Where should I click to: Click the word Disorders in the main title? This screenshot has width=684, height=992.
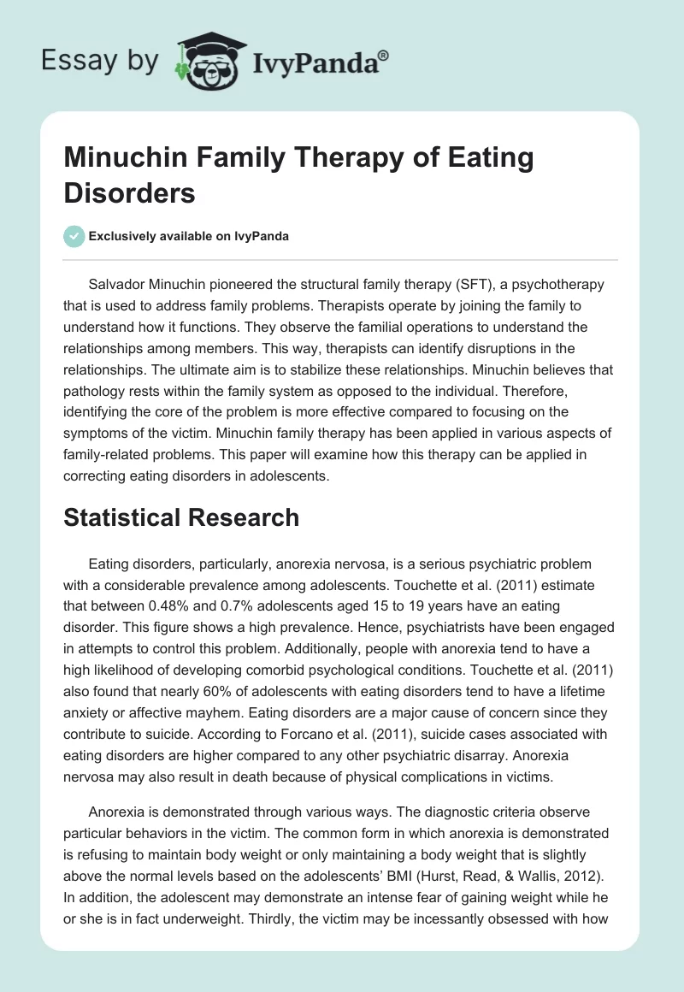point(131,192)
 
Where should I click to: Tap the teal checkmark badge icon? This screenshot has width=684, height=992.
point(74,236)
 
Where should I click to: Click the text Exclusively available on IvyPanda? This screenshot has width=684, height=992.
point(189,237)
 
